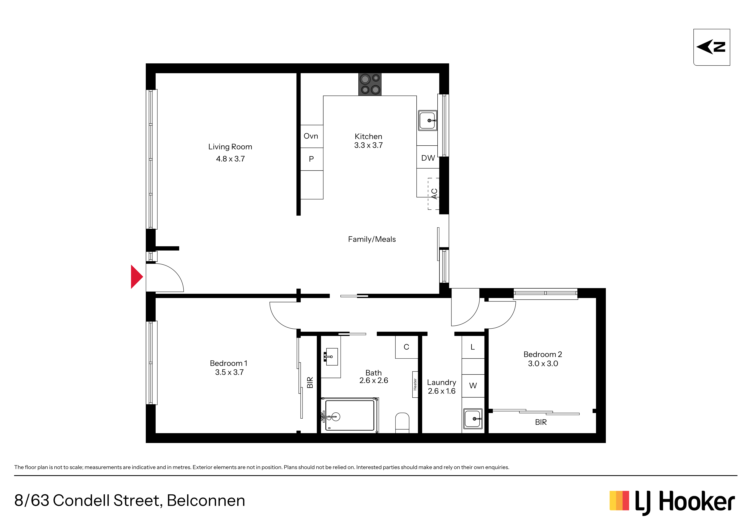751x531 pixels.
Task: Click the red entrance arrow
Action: pyautogui.click(x=136, y=277)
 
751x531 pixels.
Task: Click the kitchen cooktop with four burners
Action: pyautogui.click(x=370, y=84)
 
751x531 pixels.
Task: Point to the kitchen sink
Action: pyautogui.click(x=428, y=120)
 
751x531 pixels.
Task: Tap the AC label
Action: pyautogui.click(x=434, y=194)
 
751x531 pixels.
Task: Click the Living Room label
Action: pyautogui.click(x=230, y=147)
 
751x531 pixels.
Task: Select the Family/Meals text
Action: pyautogui.click(x=372, y=239)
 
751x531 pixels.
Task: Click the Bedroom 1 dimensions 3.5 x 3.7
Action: pyautogui.click(x=229, y=372)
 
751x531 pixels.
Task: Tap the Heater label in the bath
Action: pyautogui.click(x=415, y=384)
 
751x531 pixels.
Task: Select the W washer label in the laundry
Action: pyautogui.click(x=473, y=386)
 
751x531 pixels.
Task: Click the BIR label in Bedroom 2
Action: pyautogui.click(x=541, y=422)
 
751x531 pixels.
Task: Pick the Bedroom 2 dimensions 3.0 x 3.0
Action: pyautogui.click(x=543, y=364)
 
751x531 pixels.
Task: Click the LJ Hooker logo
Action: pyautogui.click(x=672, y=502)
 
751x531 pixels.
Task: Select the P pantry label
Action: pyautogui.click(x=311, y=159)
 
